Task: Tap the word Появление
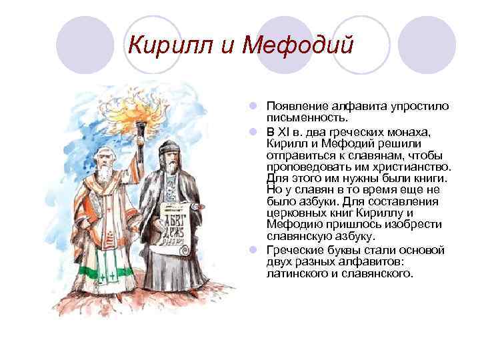pyautogui.click(x=298, y=107)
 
